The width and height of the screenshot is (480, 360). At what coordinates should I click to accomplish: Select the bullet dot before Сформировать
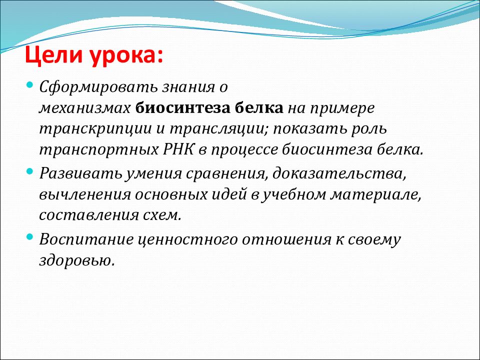29,84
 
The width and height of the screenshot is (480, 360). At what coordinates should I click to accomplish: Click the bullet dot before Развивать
29,171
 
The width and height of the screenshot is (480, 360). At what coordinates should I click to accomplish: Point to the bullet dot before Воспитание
29,236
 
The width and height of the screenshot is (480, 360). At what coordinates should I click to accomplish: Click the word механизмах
85,108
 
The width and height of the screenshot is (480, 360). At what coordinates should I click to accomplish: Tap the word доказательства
339,174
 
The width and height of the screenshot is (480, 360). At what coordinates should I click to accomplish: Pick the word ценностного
187,239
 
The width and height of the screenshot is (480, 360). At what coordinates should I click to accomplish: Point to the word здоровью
77,261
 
